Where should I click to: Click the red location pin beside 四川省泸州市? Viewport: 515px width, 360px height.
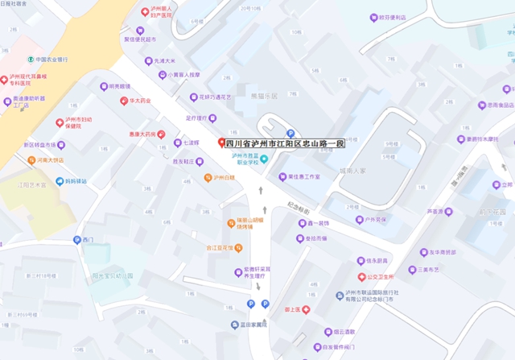coord(221,143)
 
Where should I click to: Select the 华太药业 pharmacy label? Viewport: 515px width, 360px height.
coord(140,101)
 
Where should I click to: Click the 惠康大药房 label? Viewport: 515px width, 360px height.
coord(142,134)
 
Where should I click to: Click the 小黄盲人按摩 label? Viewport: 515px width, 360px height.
coord(184,75)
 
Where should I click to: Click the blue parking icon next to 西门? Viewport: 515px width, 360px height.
coord(76,240)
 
